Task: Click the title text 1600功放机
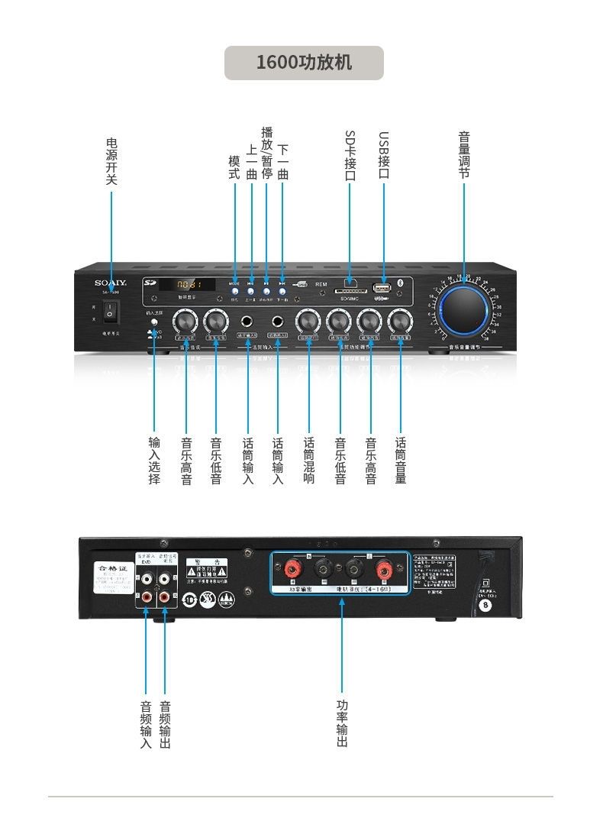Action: click(304, 63)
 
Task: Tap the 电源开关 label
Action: click(111, 161)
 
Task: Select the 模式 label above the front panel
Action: click(235, 167)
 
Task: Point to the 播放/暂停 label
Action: click(266, 153)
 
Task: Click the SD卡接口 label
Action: click(350, 156)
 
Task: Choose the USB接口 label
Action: click(384, 156)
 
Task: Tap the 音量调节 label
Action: click(463, 155)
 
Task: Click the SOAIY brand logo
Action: click(111, 283)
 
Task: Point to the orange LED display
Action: click(185, 284)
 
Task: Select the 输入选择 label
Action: click(154, 461)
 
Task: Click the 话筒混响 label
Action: click(309, 461)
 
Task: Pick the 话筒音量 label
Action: click(401, 461)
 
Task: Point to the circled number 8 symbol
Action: click(484, 605)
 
